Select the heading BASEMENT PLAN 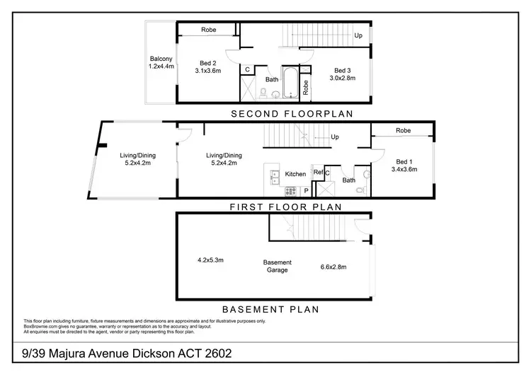(x=270, y=309)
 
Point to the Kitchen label (x=295, y=173)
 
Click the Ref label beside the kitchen (x=318, y=173)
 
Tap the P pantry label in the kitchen (x=306, y=191)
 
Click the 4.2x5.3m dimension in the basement (x=210, y=260)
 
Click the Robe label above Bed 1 (x=403, y=131)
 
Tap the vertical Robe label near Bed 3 (x=305, y=87)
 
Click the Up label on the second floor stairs (x=358, y=35)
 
